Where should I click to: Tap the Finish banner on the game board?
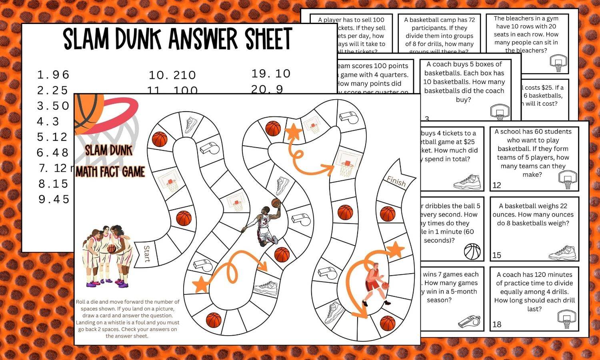point(396,181)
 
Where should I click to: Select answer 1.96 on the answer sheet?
point(53,75)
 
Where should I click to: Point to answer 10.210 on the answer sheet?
point(172,75)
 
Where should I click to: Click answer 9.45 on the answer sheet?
point(54,199)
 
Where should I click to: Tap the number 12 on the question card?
point(497,185)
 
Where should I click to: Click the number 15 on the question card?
point(497,255)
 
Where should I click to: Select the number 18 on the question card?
point(497,324)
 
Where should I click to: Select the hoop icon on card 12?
point(568,180)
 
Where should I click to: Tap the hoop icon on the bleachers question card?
point(558,63)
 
